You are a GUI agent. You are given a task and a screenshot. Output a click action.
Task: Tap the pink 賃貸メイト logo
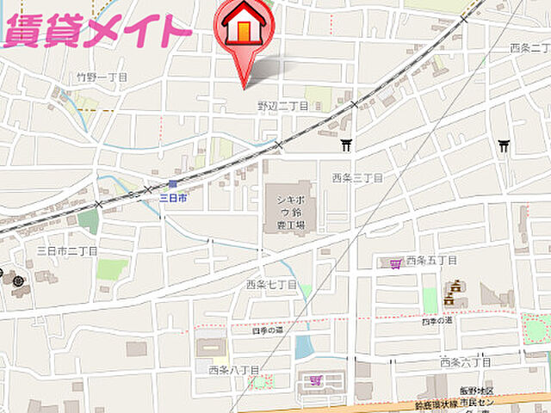click(96, 29)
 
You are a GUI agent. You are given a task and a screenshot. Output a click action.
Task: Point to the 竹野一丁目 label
click(102, 77)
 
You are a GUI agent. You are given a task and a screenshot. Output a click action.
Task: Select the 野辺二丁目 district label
click(282, 105)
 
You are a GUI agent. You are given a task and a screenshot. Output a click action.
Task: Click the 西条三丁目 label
click(357, 177)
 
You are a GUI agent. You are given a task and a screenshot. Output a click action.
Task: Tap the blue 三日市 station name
click(173, 198)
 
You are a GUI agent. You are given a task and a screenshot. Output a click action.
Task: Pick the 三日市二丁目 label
click(67, 250)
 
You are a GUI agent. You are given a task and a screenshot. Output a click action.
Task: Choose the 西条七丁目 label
click(271, 284)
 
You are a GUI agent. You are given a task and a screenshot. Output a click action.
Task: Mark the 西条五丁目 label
click(431, 260)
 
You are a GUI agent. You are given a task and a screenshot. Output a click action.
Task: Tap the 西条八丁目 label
click(233, 370)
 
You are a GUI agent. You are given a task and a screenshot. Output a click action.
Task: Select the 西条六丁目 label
click(463, 362)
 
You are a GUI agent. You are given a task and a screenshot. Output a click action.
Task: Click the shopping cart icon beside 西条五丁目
click(395, 261)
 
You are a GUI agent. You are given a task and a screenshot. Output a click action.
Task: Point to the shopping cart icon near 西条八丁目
click(315, 379)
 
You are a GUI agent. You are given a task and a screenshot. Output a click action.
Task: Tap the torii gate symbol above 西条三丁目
click(346, 145)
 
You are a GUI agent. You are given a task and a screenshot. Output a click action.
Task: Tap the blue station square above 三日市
click(173, 184)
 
